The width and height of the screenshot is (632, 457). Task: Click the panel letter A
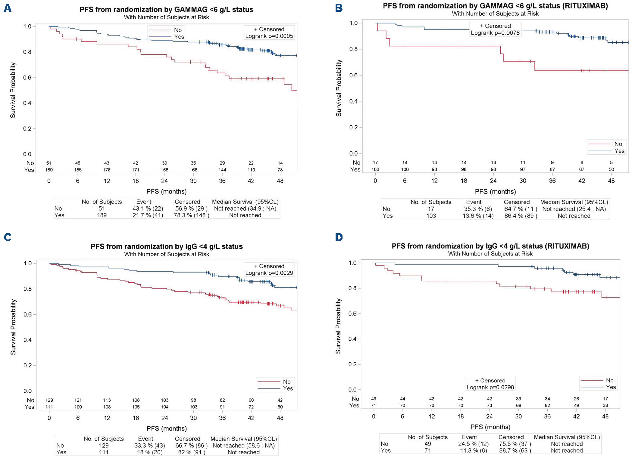pyautogui.click(x=8, y=8)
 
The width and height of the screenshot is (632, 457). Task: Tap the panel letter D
pyautogui.click(x=339, y=237)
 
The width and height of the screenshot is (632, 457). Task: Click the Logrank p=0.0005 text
pyautogui.click(x=269, y=36)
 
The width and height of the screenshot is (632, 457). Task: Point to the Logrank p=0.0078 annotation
pyautogui.click(x=495, y=33)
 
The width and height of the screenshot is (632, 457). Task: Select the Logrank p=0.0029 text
pyautogui.click(x=269, y=273)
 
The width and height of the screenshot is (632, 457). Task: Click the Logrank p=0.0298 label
pyautogui.click(x=490, y=387)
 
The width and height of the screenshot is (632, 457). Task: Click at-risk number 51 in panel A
pyautogui.click(x=49, y=163)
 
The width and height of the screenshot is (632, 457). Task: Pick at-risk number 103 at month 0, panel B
pyautogui.click(x=375, y=169)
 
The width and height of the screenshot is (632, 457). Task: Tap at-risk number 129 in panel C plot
pyautogui.click(x=49, y=400)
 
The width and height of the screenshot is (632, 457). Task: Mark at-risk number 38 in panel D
pyautogui.click(x=605, y=405)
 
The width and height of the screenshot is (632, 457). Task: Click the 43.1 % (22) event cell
pyautogui.click(x=148, y=208)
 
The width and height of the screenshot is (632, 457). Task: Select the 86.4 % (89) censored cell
pyautogui.click(x=521, y=216)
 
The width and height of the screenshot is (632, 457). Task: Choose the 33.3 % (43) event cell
pyautogui.click(x=149, y=446)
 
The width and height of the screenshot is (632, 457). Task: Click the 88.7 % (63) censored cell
pyautogui.click(x=515, y=450)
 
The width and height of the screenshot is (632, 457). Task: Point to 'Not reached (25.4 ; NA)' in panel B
pyautogui.click(x=574, y=209)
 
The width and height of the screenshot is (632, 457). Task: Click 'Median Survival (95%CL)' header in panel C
pyautogui.click(x=243, y=439)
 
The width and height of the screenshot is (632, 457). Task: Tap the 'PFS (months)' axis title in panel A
pyautogui.click(x=166, y=191)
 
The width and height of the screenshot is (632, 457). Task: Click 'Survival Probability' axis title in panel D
pyautogui.click(x=338, y=326)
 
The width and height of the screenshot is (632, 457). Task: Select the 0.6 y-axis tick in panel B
pyautogui.click(x=353, y=75)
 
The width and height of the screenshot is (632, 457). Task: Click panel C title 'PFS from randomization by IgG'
pyautogui.click(x=167, y=246)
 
